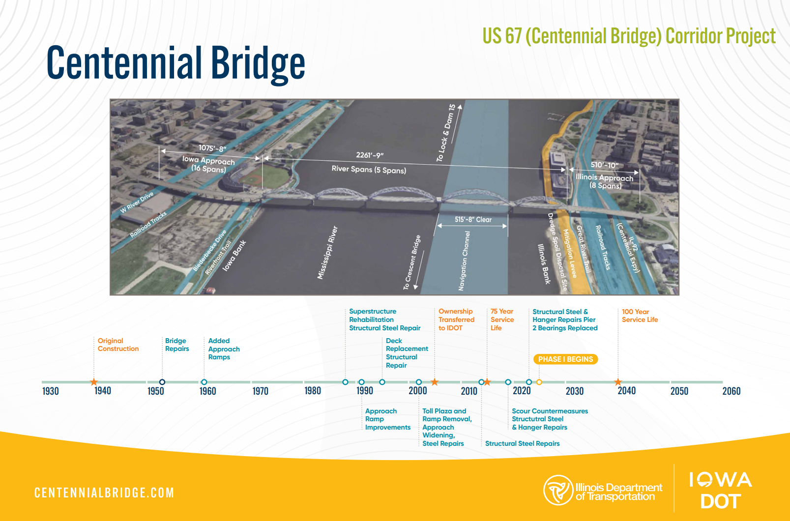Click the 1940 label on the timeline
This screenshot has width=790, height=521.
coord(103,391)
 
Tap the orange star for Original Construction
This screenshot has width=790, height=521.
coord(94,382)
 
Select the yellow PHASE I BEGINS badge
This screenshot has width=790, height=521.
coord(566,359)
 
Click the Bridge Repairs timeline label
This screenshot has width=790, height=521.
coord(177,345)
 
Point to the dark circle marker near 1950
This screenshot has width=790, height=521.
coord(162,382)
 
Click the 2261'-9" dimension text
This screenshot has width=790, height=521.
coord(370,155)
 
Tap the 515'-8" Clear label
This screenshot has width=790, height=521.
coord(473,219)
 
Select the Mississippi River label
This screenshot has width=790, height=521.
coord(327,253)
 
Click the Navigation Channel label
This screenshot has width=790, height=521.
coord(464,261)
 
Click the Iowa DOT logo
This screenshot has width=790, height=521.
coord(721,491)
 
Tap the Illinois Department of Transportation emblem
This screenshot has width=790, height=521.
coord(558,490)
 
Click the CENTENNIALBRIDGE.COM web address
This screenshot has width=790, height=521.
coord(104,492)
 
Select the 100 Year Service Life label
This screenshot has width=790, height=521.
coord(640,316)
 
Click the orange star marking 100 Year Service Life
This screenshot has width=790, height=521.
coord(618,382)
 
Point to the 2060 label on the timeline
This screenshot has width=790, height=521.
coord(731,391)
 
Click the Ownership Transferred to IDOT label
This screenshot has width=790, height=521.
coord(456,319)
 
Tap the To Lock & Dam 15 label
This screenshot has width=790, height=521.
coord(446,133)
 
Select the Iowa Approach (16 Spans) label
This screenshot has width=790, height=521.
coord(208,165)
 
